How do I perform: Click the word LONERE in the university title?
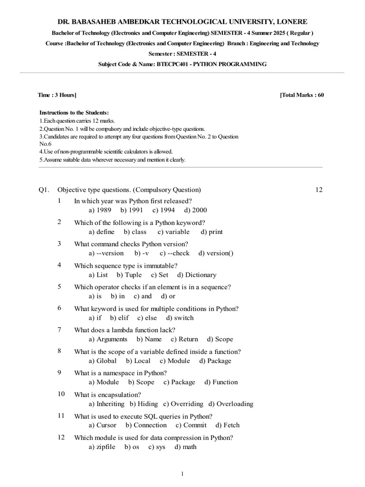tap(289, 22)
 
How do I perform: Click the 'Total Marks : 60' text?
tap(302, 95)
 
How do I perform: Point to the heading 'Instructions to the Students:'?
tap(74, 113)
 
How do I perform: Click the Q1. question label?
tap(44, 190)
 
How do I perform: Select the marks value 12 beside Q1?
tap(318, 190)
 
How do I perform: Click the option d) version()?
tap(216, 253)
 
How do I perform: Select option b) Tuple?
tap(129, 275)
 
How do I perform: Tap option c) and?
tap(143, 296)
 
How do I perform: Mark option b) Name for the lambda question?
tap(149, 339)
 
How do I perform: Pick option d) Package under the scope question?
tap(215, 361)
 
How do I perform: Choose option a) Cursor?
tap(102, 425)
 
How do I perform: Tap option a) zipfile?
tap(102, 447)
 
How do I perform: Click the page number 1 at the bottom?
tap(182, 474)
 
